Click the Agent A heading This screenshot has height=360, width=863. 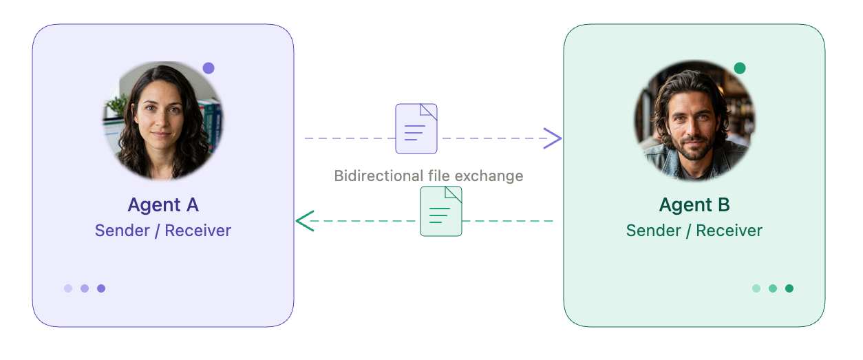[x=163, y=205]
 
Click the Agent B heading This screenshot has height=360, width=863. [x=694, y=205]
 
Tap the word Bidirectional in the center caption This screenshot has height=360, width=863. [x=379, y=176]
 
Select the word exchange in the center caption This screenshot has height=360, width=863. [x=489, y=176]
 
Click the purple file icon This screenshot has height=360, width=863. [x=416, y=129]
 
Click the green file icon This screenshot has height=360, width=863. [x=440, y=211]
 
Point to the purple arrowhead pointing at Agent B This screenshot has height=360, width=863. [x=553, y=138]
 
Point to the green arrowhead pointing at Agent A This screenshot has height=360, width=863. [x=305, y=221]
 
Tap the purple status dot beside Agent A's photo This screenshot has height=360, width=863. [x=209, y=68]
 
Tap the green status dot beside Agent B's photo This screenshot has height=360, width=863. [x=740, y=68]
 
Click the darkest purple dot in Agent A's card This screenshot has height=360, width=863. [x=101, y=288]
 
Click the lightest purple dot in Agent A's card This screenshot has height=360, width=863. [x=68, y=288]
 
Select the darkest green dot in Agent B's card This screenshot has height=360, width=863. [x=789, y=288]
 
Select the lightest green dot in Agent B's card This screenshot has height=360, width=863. [x=756, y=288]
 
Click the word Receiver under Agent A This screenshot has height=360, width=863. [x=198, y=231]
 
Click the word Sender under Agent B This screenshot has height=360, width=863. [x=653, y=231]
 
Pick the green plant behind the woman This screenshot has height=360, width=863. [x=117, y=104]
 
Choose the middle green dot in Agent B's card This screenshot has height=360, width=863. [x=773, y=288]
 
